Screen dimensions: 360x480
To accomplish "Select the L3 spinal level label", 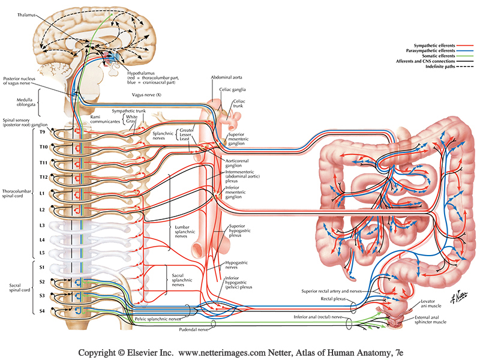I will click(x=42, y=225).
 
